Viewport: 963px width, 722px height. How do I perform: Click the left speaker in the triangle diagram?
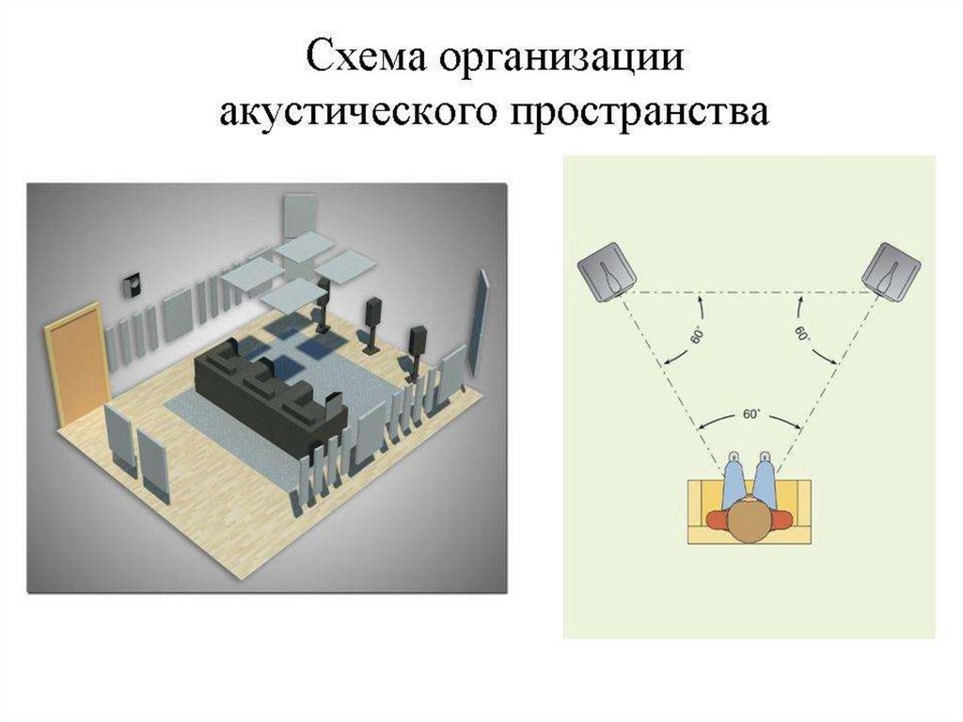605,271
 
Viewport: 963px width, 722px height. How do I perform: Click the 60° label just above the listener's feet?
750,413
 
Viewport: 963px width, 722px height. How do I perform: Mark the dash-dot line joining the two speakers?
748,293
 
